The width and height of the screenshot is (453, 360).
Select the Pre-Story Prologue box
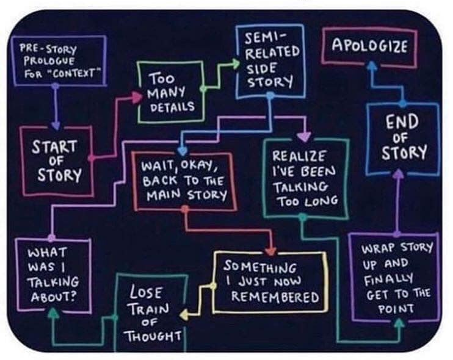point(59,60)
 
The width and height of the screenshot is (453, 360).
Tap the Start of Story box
point(56,160)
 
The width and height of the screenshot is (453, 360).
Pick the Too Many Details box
point(169,92)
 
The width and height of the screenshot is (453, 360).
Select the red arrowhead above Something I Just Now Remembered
point(272,250)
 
